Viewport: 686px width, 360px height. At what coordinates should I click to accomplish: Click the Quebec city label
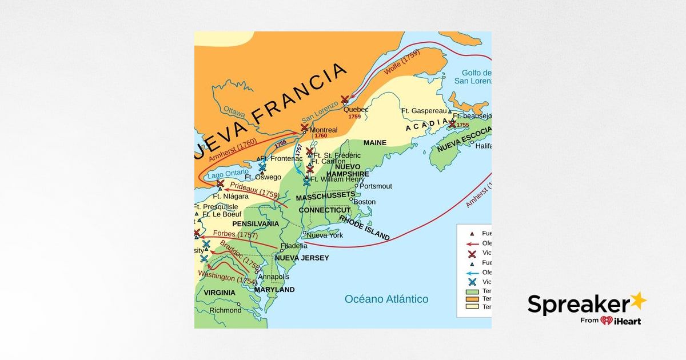(356, 109)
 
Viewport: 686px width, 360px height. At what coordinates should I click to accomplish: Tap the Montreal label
(324, 130)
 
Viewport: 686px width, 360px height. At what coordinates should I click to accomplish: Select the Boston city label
(365, 202)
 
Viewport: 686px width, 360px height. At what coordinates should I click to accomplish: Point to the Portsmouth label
(375, 186)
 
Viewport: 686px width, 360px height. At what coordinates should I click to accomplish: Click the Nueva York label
(325, 235)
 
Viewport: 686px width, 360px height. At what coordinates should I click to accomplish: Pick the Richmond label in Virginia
(225, 310)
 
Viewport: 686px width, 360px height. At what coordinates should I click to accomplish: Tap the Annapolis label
(274, 277)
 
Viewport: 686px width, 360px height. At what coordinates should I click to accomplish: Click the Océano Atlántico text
(386, 299)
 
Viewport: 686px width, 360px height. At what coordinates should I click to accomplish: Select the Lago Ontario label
(229, 173)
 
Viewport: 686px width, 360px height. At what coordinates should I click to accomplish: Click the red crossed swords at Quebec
(344, 100)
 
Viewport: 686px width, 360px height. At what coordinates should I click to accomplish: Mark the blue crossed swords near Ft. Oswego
(262, 167)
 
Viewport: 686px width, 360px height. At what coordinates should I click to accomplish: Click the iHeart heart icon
(607, 321)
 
